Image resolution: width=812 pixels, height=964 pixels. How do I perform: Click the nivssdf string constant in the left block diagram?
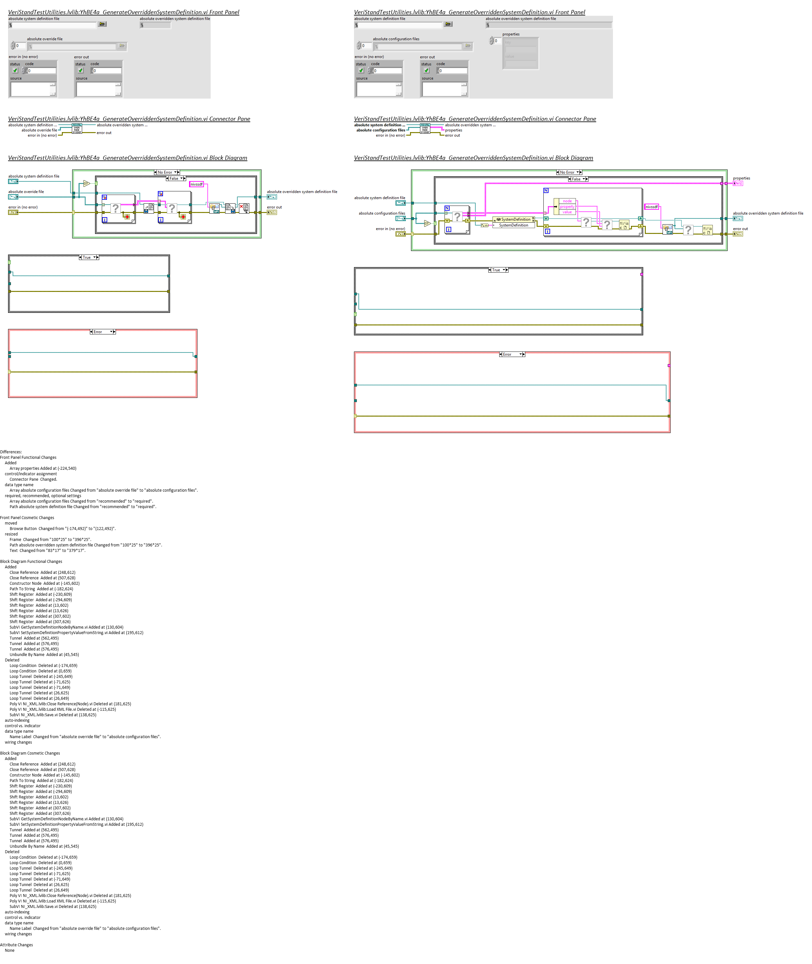click(x=196, y=184)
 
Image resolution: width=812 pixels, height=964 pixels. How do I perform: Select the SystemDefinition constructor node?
click(x=514, y=220)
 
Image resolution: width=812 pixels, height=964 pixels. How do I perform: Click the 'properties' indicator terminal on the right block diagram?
click(x=737, y=183)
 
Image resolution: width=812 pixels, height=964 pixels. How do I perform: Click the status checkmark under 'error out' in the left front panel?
click(x=81, y=71)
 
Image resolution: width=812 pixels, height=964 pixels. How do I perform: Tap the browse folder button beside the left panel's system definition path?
click(x=102, y=24)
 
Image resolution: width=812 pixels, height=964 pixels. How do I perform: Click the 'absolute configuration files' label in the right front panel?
click(x=396, y=39)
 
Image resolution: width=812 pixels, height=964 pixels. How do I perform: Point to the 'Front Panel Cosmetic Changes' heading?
click(x=27, y=518)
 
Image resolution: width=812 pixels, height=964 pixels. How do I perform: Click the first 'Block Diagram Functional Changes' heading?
click(x=31, y=562)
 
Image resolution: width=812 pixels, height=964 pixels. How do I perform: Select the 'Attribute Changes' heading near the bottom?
click(x=16, y=945)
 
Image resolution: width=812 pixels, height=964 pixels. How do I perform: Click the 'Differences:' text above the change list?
click(x=11, y=452)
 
